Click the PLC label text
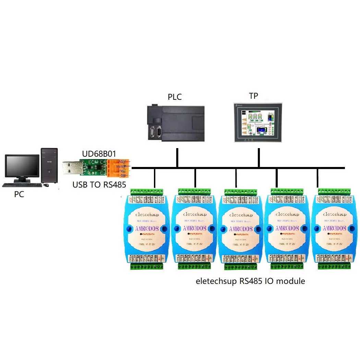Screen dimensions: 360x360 175,97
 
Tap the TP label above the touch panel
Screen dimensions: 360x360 253,96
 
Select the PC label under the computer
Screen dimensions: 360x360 19,194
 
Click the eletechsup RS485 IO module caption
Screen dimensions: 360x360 250,281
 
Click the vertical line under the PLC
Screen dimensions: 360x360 177,158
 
